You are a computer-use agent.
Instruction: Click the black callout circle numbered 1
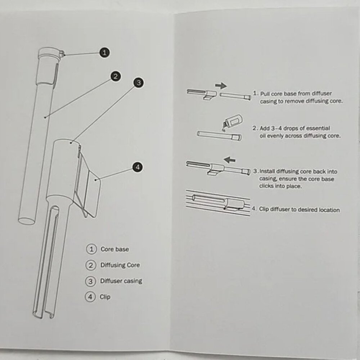pos(104,53)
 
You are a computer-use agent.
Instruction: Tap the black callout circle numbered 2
pos(116,76)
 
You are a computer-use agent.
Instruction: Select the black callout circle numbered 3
pos(139,83)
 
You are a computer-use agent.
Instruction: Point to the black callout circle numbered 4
pos(138,167)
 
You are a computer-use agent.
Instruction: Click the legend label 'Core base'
pos(115,249)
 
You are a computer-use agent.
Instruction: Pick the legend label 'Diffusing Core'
pos(120,265)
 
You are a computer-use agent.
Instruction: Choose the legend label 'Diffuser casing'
pos(121,281)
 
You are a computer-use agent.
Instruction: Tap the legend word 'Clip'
pos(105,297)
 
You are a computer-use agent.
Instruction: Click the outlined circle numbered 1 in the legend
pos(91,249)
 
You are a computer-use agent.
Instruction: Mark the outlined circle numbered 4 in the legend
pos(90,297)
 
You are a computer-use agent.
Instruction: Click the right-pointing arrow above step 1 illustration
pos(221,86)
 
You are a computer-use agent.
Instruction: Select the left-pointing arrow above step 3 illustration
pos(229,159)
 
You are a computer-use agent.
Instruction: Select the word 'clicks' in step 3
pos(266,186)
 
